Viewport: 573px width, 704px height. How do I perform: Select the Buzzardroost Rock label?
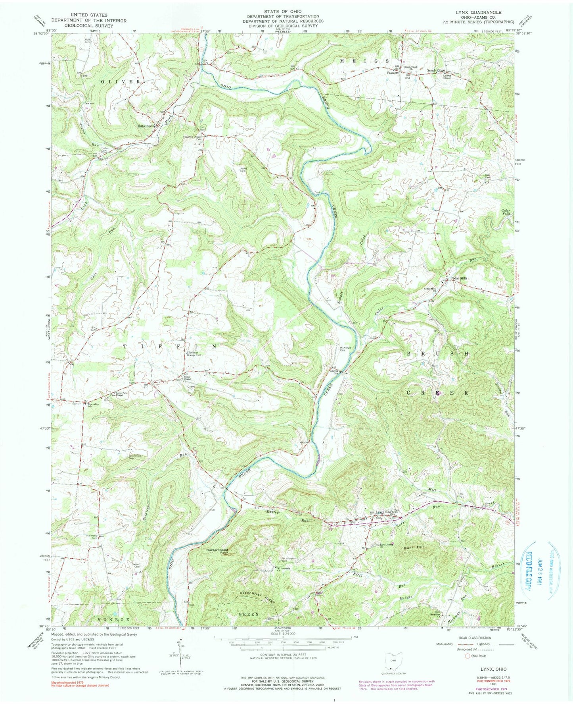tap(217, 551)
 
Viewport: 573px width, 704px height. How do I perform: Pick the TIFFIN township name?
tap(171, 347)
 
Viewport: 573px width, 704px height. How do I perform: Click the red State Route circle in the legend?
tap(467, 656)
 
